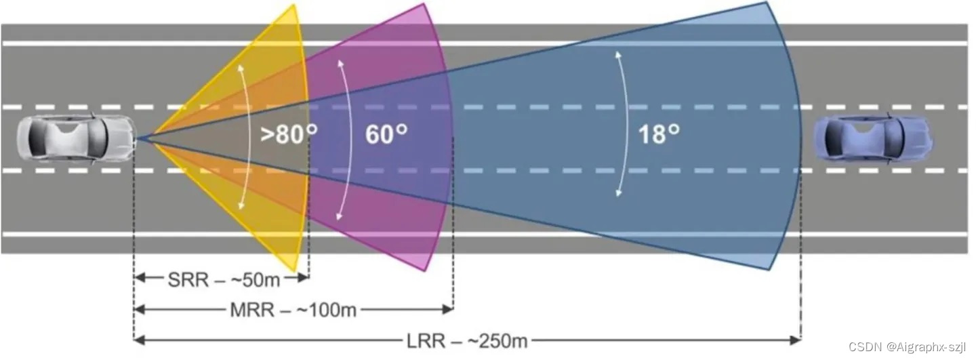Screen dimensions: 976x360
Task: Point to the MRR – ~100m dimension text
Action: (293, 310)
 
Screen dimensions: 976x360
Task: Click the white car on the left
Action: (75, 139)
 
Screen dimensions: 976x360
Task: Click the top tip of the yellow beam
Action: (294, 5)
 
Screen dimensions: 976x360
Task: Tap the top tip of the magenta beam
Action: (424, 4)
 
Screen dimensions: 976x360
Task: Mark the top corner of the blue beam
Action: (766, 3)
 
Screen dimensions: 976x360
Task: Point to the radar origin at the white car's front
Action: (138, 139)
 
